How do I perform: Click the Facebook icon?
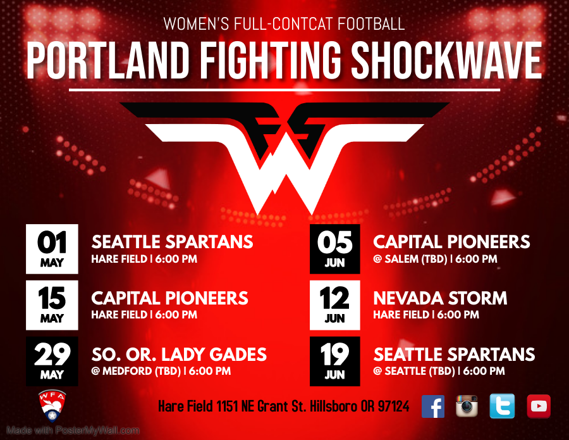pos(433,406)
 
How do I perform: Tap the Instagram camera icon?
pos(467,406)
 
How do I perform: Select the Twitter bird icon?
pos(502,406)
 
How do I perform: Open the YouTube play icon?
pos(539,406)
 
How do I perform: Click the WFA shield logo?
pos(52,406)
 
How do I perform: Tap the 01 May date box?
pos(52,249)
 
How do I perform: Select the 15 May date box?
pos(52,305)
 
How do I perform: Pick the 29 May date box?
pos(52,361)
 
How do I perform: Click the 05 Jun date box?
pos(334,249)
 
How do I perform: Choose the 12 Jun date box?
pos(334,305)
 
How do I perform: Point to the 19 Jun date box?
pos(334,361)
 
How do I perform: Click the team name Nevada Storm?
pos(440,298)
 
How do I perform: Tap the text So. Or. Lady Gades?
pos(179,355)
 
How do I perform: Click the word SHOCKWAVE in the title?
pos(446,60)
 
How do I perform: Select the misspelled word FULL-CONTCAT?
pos(283,24)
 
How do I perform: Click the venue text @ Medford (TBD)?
pos(136,371)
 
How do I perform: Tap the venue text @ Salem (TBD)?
pos(410,259)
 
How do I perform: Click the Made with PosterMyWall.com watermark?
pos(73,431)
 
